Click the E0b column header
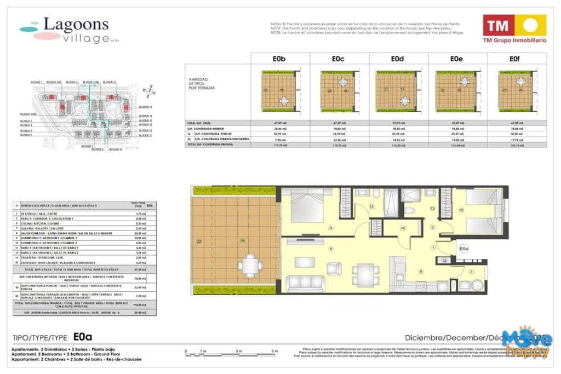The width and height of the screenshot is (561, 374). click(x=280, y=59)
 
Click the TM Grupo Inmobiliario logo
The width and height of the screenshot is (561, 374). click(x=514, y=28)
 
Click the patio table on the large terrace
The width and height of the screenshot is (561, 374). click(x=250, y=266)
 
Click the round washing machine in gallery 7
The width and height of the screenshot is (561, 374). click(x=476, y=285)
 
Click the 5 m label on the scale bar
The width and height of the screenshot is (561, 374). click(x=274, y=350)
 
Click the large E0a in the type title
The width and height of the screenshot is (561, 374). click(x=83, y=337)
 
